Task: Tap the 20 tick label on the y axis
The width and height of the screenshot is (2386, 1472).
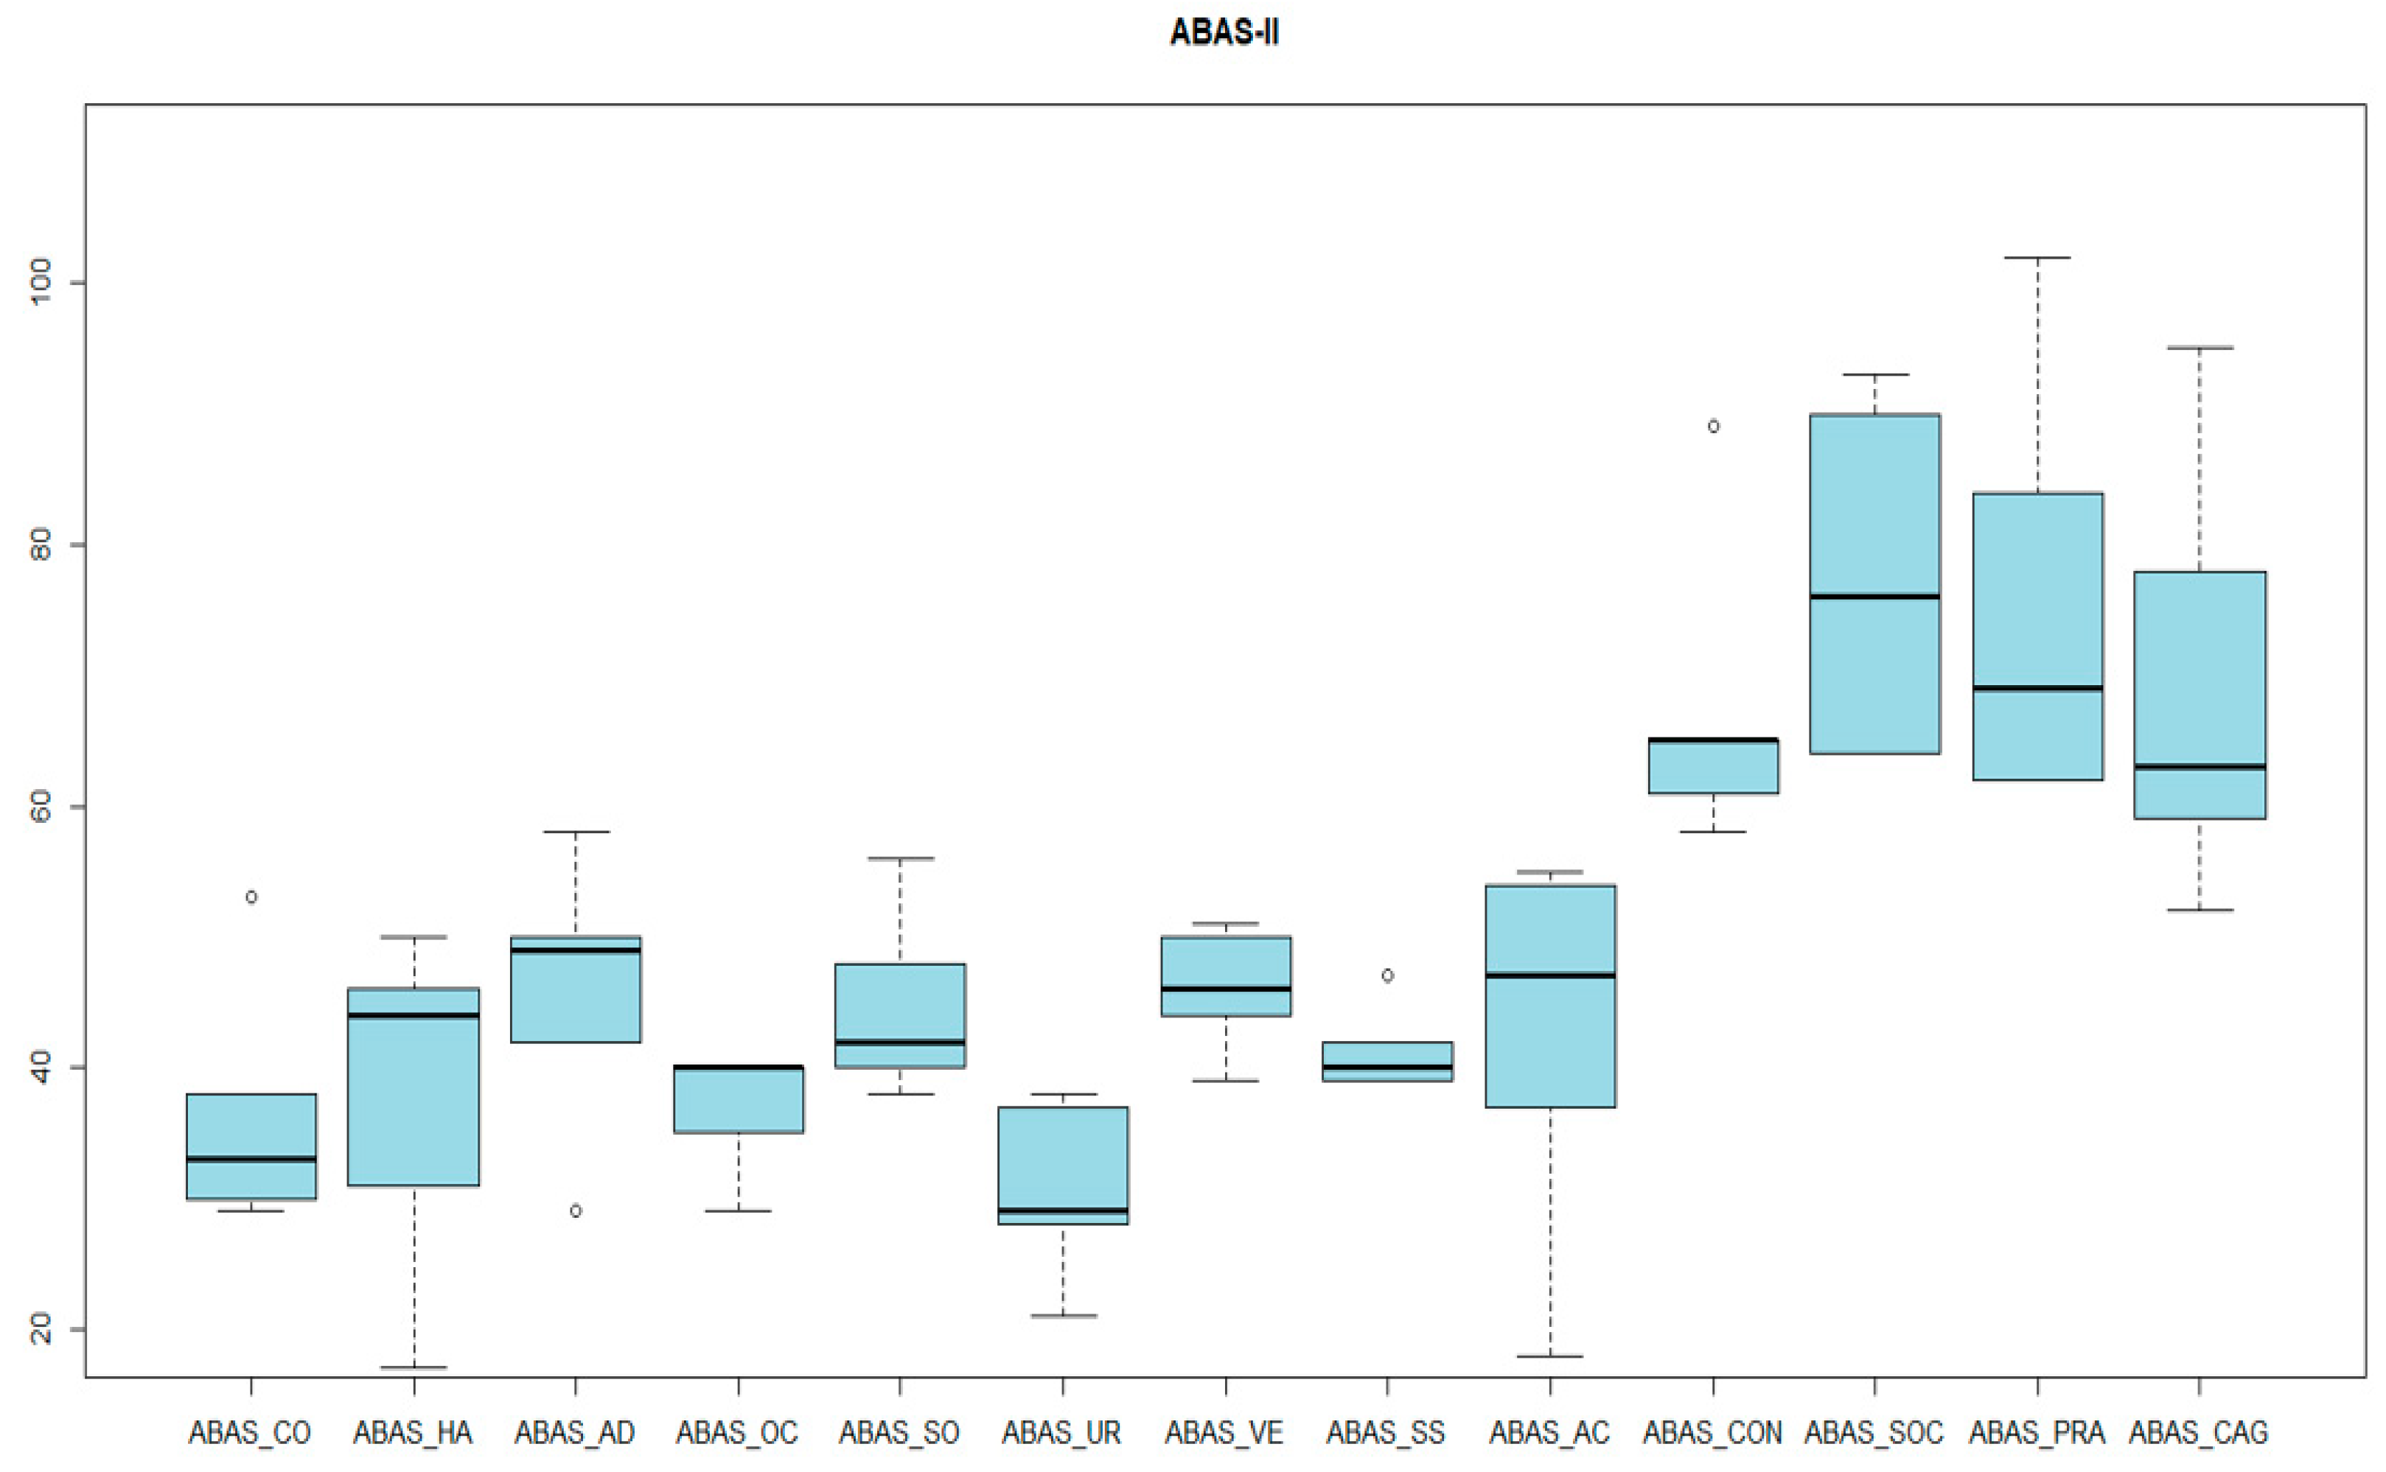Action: click(x=41, y=1328)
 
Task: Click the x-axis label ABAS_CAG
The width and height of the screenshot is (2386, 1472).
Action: click(x=2198, y=1433)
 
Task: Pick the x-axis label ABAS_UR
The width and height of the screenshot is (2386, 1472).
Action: click(x=1061, y=1433)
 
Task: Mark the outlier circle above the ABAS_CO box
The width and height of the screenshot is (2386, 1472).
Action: click(x=251, y=897)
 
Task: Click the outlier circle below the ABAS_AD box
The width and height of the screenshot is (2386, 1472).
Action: click(x=576, y=1211)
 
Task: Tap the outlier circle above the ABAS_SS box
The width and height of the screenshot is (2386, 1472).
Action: click(x=1388, y=975)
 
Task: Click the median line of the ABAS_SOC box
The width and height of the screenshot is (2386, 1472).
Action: click(x=1874, y=596)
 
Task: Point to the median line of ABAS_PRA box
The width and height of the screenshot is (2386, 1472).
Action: click(x=2037, y=688)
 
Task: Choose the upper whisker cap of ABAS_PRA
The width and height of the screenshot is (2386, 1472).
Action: click(x=2037, y=258)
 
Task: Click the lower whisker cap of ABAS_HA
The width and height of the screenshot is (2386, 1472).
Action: click(x=414, y=1367)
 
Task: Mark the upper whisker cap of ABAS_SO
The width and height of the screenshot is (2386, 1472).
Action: click(x=900, y=859)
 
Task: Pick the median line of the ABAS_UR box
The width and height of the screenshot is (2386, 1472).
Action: click(x=1062, y=1210)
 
